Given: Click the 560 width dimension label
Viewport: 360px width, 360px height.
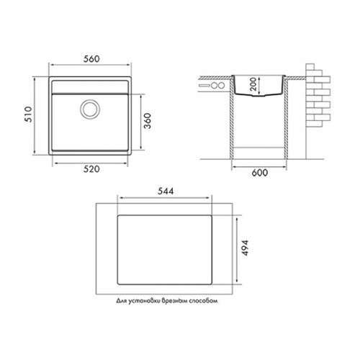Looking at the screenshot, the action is [x=91, y=59].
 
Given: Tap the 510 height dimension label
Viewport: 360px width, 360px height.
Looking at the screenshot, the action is [x=28, y=114].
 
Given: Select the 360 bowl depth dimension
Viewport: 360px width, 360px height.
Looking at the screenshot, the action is [x=148, y=121].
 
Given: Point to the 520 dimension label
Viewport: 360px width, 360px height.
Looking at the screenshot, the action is [x=91, y=169].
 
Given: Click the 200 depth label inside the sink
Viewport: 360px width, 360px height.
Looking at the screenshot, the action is [x=253, y=84].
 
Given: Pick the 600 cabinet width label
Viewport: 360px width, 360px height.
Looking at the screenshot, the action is [x=260, y=173].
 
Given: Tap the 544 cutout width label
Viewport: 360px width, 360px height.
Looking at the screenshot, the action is [x=166, y=192].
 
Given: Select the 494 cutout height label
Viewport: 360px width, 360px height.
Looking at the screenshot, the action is [x=245, y=248].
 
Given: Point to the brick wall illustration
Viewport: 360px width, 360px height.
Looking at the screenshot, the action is [x=318, y=95].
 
